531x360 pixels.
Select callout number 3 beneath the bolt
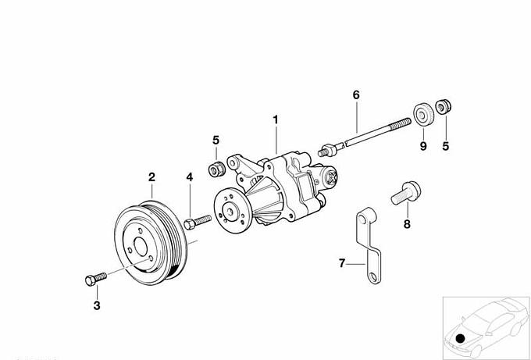coord(97,305)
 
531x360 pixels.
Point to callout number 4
coord(189,178)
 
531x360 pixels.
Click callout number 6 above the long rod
coord(356,94)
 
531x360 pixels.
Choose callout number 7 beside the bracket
coord(341,264)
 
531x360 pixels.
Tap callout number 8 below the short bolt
coord(406,225)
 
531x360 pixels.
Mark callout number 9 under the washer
coord(423,145)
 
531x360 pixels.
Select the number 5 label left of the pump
coord(216,140)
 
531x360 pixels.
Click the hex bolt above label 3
coord(91,279)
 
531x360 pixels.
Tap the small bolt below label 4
coord(196,223)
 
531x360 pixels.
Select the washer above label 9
coord(424,114)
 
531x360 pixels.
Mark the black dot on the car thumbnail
coord(461,338)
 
